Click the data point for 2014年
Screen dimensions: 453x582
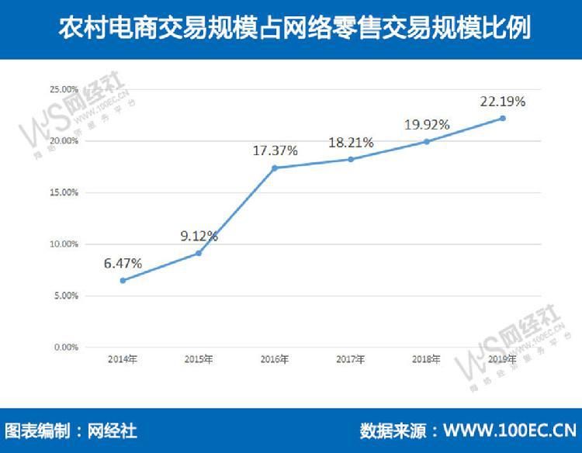click(x=123, y=280)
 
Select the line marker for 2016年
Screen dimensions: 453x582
click(x=275, y=168)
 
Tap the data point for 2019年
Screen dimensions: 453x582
click(x=503, y=118)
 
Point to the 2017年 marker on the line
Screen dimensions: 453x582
click(x=351, y=159)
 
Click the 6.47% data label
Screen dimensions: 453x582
click(x=123, y=264)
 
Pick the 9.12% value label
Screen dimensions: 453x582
click(x=199, y=236)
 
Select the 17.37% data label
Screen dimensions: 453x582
click(x=275, y=151)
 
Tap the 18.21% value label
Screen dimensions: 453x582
click(x=351, y=143)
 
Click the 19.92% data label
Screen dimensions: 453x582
click(x=427, y=125)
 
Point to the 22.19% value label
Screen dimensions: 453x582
click(x=503, y=102)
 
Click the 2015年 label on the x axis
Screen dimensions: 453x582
click(x=199, y=360)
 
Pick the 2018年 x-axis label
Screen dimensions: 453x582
click(x=427, y=360)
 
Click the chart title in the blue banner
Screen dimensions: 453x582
click(x=291, y=29)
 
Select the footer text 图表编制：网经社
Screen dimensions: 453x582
click(x=71, y=431)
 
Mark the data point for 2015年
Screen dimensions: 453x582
click(x=199, y=253)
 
